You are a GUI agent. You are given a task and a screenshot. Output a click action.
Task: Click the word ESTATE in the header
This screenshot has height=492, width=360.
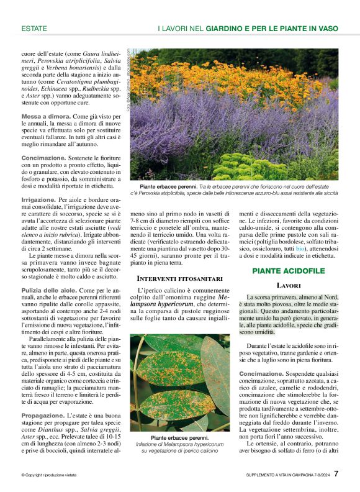coord(34,29)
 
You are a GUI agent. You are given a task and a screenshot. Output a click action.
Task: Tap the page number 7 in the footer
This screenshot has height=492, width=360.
coord(336,473)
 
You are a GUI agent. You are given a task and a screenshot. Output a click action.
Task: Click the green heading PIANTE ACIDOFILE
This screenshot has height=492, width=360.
coord(289,271)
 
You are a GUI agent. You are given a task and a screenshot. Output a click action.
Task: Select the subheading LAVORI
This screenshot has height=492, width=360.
coord(289,285)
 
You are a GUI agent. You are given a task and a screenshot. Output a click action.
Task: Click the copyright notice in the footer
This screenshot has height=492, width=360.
coord(48,475)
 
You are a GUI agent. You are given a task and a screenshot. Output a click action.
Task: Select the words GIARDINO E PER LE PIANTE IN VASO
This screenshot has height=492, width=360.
coord(272,29)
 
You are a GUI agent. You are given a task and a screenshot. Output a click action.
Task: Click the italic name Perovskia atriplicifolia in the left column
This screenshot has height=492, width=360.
coord(68,63)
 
